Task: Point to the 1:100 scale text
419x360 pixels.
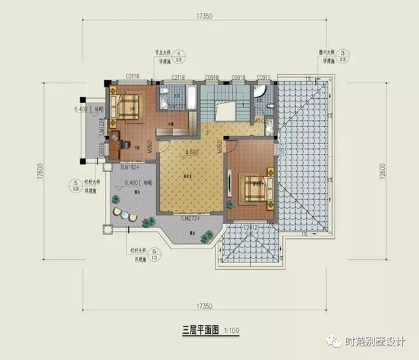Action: (x=230, y=330)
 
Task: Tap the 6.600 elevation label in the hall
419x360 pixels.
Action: (x=192, y=153)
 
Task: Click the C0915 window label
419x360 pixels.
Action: (x=264, y=78)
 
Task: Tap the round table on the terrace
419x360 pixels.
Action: (x=123, y=213)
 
